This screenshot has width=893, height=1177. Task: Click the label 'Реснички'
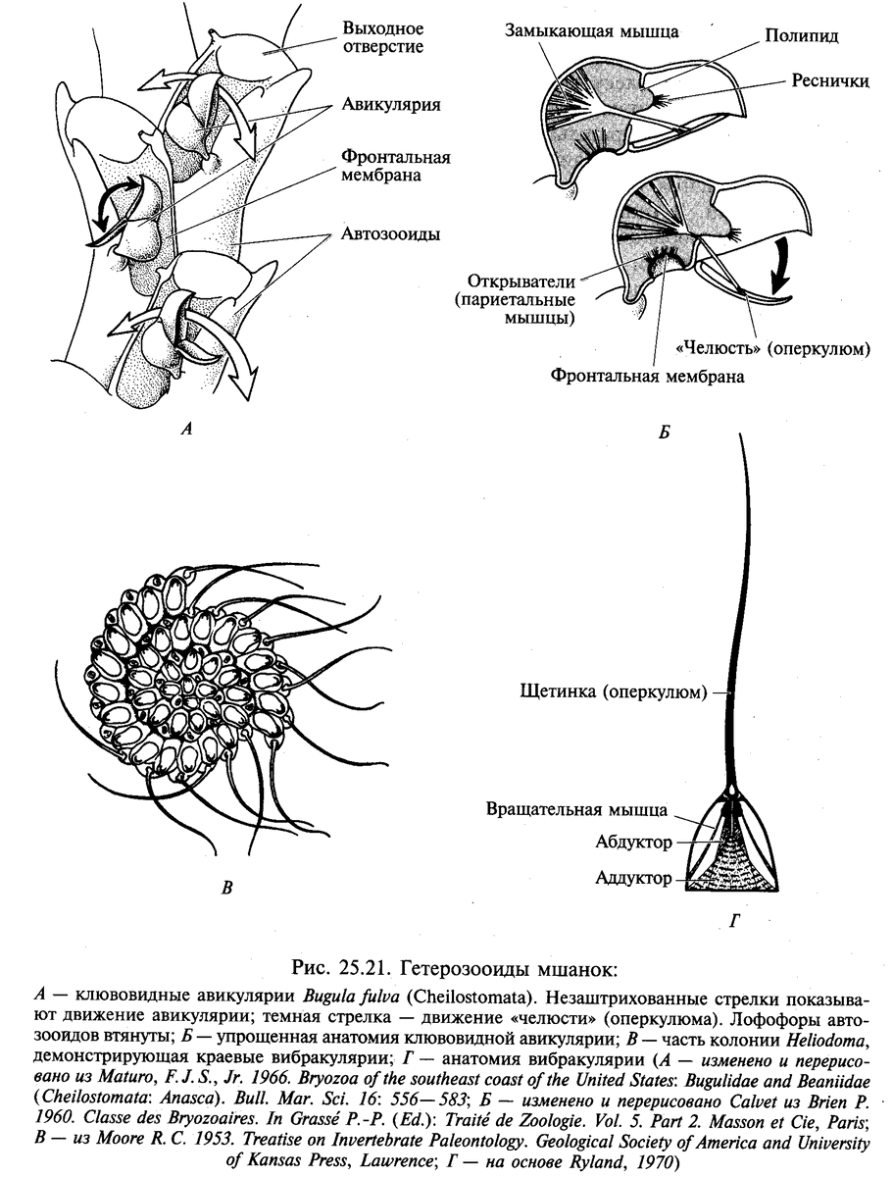point(830,81)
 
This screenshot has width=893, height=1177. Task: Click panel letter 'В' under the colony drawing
point(226,890)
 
